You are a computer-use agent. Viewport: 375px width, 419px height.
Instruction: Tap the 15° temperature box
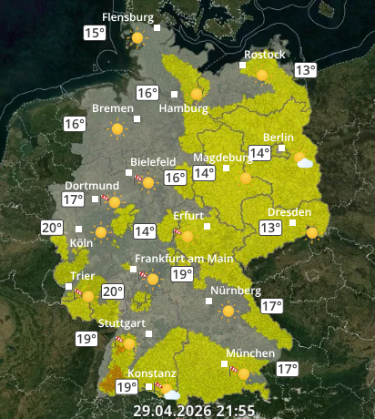click(95, 34)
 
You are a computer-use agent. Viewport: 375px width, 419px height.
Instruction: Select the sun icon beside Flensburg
click(137, 39)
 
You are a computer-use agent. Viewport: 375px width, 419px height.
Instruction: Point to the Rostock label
click(263, 55)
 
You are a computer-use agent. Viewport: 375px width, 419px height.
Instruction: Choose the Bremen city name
click(113, 108)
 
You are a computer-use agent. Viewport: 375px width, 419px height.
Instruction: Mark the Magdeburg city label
click(222, 157)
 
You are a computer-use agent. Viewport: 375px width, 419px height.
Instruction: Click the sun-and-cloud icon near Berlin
click(304, 161)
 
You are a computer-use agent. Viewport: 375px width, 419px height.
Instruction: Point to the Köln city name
click(81, 244)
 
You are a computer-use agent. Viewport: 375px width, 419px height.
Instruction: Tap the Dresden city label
click(289, 212)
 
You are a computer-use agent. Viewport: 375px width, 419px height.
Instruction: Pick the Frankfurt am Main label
click(184, 259)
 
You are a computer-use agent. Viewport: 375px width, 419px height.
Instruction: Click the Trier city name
click(83, 276)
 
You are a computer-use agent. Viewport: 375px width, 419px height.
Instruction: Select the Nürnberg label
click(235, 291)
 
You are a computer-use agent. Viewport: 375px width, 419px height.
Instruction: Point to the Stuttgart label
click(122, 323)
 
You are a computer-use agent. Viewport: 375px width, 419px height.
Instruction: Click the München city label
click(250, 353)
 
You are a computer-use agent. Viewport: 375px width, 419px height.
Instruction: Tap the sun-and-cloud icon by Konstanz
click(168, 393)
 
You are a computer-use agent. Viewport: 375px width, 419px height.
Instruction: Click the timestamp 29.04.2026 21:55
click(194, 411)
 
